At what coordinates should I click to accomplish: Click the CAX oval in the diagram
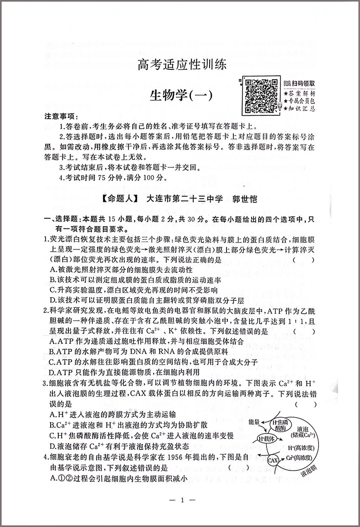click(x=273, y=461)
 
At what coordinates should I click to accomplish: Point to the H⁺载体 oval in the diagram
click(x=267, y=439)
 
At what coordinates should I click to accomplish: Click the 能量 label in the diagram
click(x=254, y=423)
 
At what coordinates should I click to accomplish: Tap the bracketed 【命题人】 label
click(x=120, y=199)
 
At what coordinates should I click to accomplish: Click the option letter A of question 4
click(x=53, y=478)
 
